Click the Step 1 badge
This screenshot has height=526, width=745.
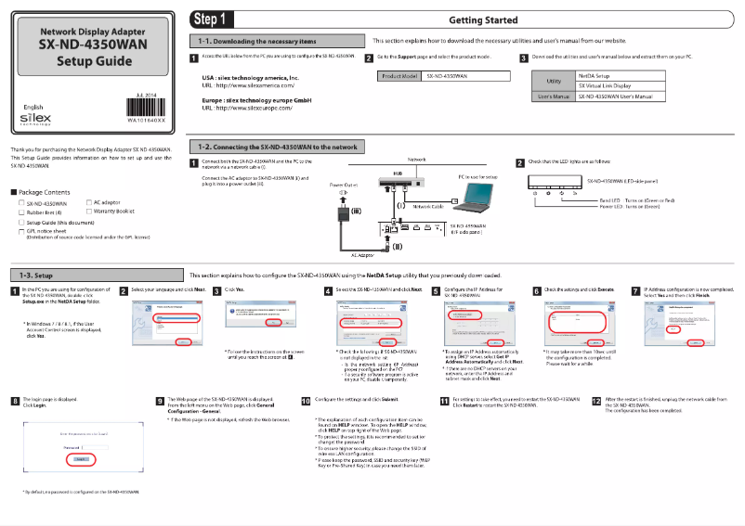(210, 19)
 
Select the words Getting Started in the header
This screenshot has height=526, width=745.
(482, 19)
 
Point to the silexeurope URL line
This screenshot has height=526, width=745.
(249, 108)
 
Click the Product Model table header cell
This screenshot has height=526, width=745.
(398, 76)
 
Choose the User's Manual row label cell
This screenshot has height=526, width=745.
(553, 96)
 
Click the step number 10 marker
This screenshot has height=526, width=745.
(307, 400)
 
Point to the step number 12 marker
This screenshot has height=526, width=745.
(596, 400)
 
